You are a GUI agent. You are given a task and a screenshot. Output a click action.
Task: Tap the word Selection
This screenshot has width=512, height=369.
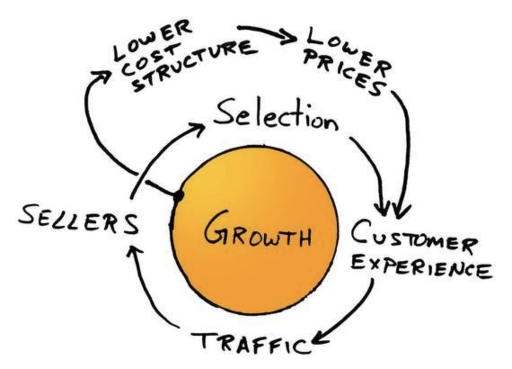[x=275, y=116]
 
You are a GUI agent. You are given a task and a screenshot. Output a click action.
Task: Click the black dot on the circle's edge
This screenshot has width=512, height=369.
[x=178, y=196]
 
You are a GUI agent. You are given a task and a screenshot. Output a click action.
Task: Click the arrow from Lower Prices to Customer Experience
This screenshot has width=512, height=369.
[x=406, y=148]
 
